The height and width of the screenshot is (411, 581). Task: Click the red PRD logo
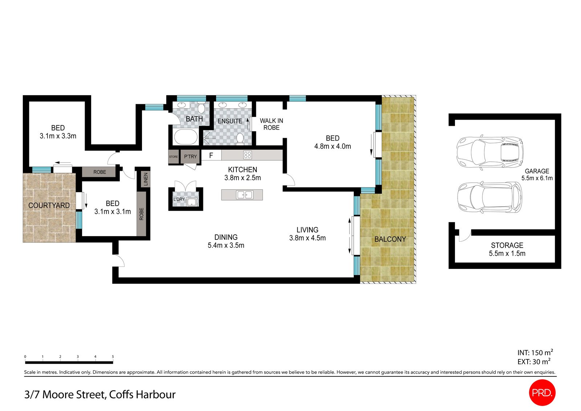542,392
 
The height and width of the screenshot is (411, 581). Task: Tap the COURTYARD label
49,206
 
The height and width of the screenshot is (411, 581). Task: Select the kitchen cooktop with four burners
247,155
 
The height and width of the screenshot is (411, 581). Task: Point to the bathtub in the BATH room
186,137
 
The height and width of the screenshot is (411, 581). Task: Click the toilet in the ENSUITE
240,138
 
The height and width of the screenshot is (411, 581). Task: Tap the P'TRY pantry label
190,157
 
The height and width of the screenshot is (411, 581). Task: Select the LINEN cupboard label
146,179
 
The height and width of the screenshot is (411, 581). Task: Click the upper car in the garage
490,153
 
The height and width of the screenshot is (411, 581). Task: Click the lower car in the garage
490,198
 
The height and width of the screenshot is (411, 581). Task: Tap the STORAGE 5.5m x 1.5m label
507,250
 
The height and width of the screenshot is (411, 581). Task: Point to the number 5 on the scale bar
113,356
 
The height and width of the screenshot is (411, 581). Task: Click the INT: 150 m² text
535,352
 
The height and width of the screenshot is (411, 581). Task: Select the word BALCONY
390,239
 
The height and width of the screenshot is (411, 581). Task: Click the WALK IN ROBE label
271,124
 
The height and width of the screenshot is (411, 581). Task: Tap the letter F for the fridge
211,156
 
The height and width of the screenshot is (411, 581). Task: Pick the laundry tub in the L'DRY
192,202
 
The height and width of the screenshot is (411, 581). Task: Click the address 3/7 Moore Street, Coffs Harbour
100,395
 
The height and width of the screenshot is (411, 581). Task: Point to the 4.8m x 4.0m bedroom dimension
333,146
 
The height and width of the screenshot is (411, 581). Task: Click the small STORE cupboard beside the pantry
174,157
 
